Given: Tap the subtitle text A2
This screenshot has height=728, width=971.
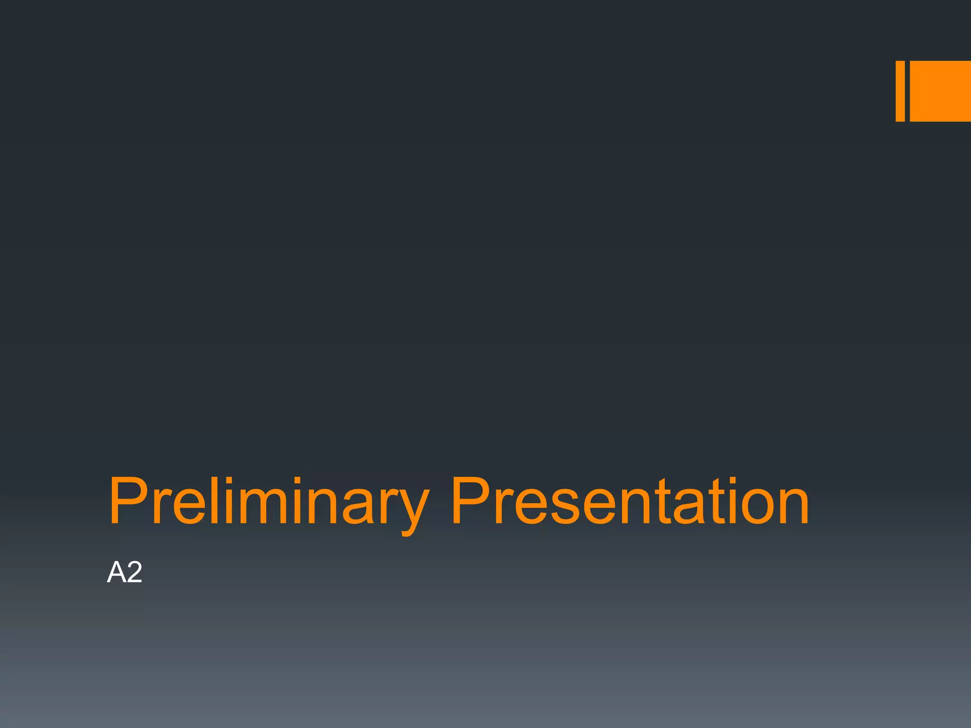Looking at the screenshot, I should pyautogui.click(x=124, y=572).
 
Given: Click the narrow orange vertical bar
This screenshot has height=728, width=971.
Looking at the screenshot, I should pyautogui.click(x=900, y=91).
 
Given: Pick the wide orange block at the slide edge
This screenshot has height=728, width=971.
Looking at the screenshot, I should pyautogui.click(x=940, y=91).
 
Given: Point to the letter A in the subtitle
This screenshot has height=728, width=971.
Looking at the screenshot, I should pyautogui.click(x=116, y=572).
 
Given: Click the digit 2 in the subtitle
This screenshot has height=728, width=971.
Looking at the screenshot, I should pyautogui.click(x=134, y=572).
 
